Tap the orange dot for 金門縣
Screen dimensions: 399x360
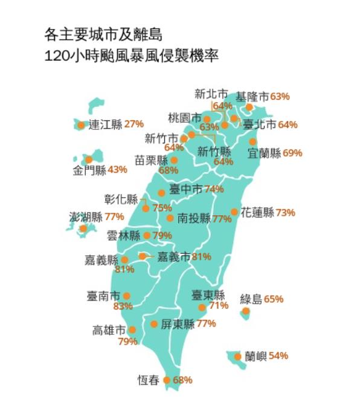pyautogui.click(x=88, y=160)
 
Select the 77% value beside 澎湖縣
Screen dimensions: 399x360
pyautogui.click(x=114, y=216)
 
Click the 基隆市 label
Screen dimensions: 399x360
pyautogui.click(x=252, y=96)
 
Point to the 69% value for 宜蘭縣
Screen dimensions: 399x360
pyautogui.click(x=292, y=153)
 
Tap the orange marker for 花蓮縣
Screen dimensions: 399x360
pyautogui.click(x=234, y=212)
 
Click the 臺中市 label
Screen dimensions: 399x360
pyautogui.click(x=186, y=189)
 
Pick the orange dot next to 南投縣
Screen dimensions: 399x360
pyautogui.click(x=170, y=218)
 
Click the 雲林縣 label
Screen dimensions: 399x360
pyautogui.click(x=124, y=235)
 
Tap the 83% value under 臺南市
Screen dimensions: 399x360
pyautogui.click(x=123, y=306)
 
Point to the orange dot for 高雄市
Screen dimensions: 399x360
pyautogui.click(x=132, y=330)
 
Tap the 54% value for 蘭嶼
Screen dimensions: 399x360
pyautogui.click(x=278, y=355)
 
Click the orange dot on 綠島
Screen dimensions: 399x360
pyautogui.click(x=245, y=311)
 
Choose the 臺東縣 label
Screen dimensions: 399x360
pyautogui.click(x=208, y=296)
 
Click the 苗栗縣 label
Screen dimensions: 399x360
pyautogui.click(x=151, y=160)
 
